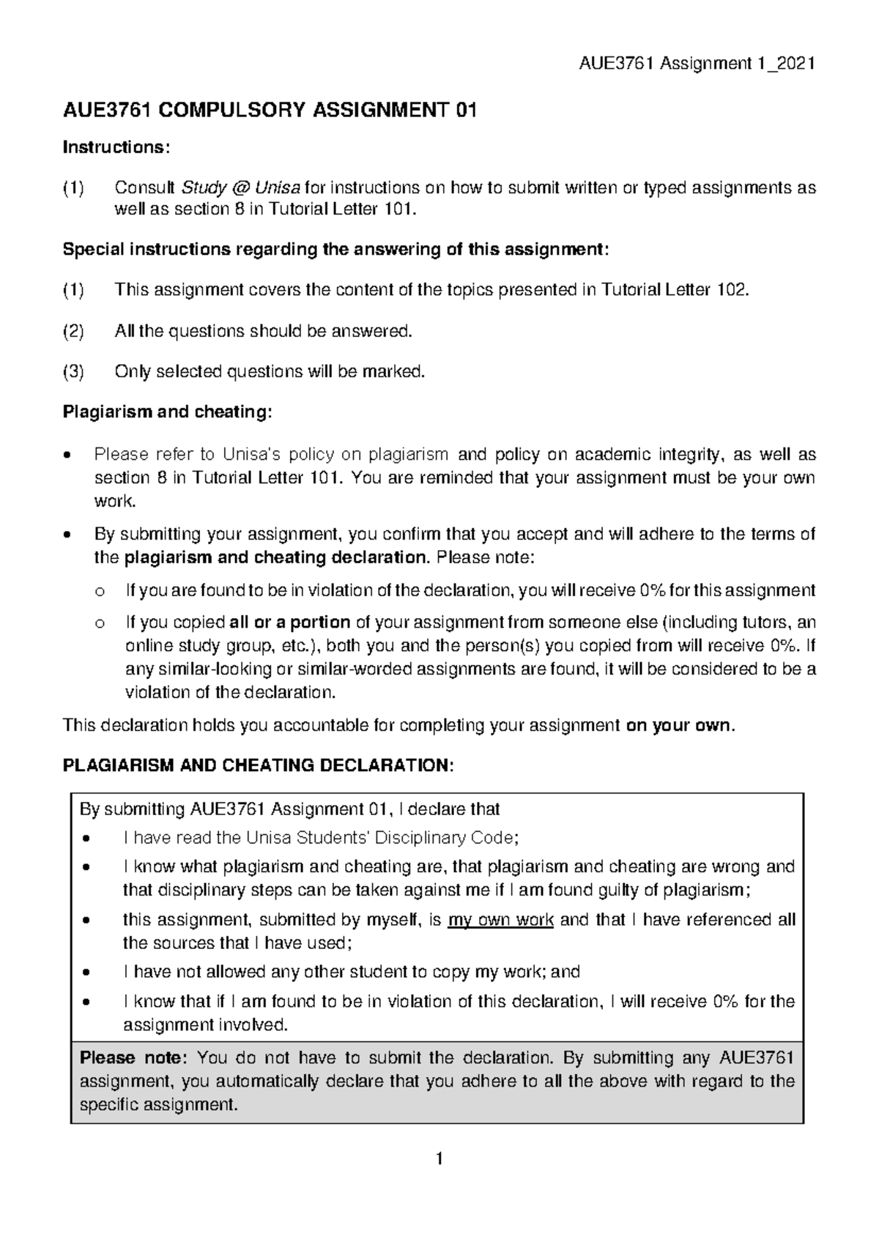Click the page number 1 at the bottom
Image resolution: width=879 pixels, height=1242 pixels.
(x=439, y=1159)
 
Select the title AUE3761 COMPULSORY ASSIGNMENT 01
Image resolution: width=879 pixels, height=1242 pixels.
(x=270, y=111)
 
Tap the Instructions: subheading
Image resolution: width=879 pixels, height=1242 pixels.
(x=116, y=148)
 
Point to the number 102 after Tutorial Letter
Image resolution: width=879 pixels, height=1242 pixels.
(x=732, y=290)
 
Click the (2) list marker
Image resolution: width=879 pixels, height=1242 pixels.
(x=73, y=331)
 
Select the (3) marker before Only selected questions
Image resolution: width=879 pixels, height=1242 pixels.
(x=73, y=372)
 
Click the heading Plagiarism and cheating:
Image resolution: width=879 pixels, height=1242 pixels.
(x=167, y=412)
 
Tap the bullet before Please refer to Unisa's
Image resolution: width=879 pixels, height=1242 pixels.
(x=67, y=455)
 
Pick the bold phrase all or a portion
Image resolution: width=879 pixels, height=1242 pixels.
(x=289, y=622)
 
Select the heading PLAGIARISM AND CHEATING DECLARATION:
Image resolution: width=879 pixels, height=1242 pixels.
(x=259, y=766)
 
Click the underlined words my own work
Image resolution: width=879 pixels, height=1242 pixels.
(x=500, y=920)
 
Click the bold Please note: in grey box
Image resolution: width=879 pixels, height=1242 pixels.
(x=134, y=1058)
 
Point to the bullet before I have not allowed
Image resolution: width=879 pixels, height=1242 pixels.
(x=88, y=973)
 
